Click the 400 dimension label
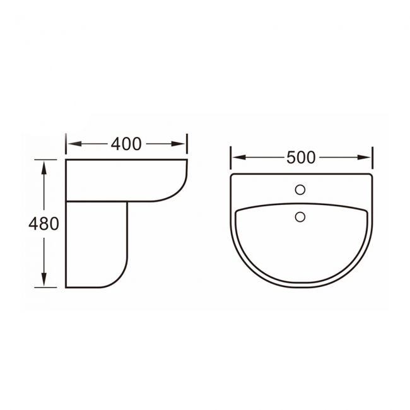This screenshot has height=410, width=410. (126, 144)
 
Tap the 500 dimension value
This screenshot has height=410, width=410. (301, 157)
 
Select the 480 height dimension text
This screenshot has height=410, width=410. (44, 223)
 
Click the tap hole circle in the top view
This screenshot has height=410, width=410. (301, 189)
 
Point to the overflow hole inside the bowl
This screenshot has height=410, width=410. (301, 218)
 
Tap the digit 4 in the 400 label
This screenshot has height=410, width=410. (117, 144)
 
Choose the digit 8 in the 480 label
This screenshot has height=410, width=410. (44, 223)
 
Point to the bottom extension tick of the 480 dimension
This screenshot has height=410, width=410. (45, 288)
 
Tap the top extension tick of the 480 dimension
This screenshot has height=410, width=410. (45, 159)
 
